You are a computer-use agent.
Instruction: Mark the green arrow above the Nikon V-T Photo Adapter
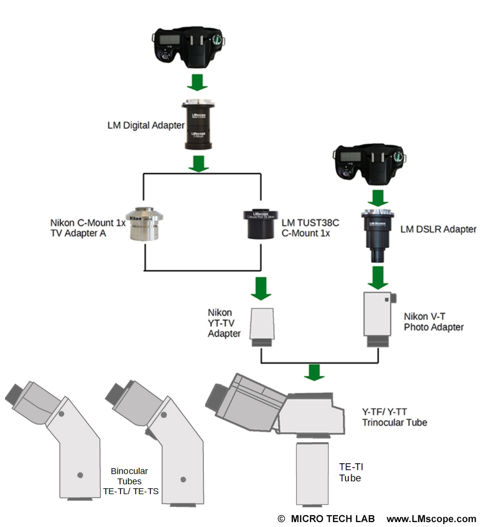coord(379,277)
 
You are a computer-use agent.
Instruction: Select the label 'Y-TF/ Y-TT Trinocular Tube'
coord(394,417)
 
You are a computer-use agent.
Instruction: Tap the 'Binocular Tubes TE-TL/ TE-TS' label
coord(129,481)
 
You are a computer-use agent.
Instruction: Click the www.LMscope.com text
coord(431,519)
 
